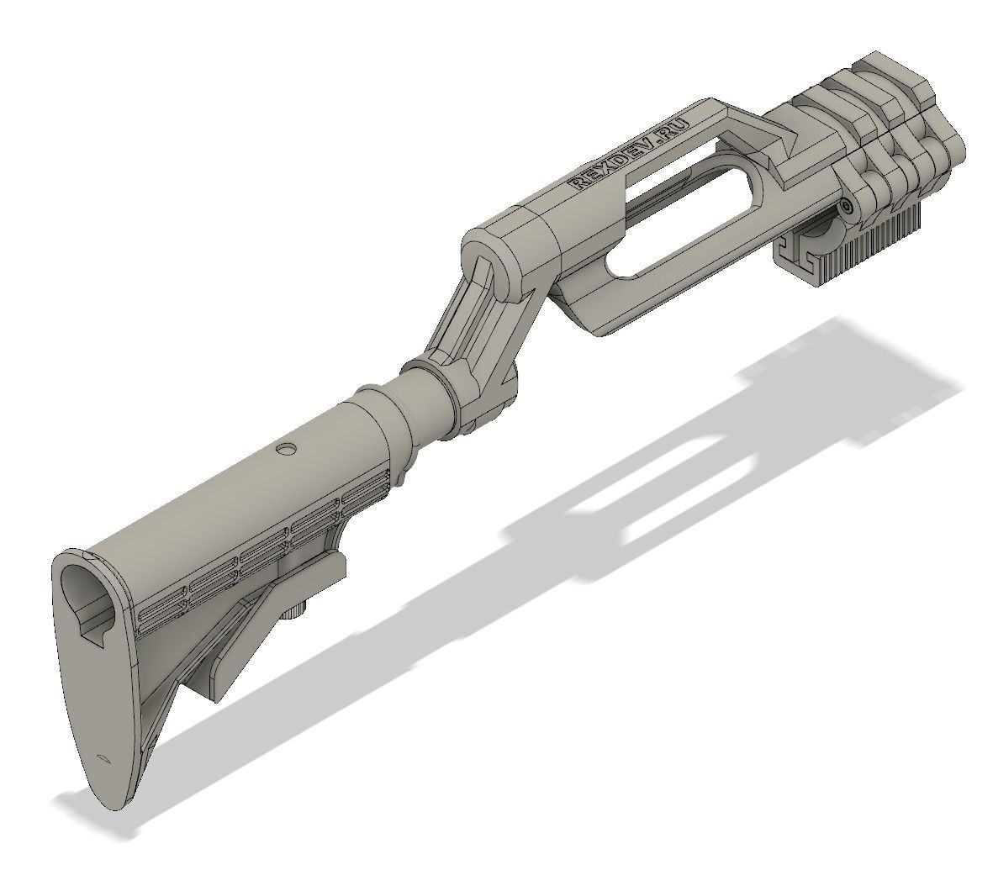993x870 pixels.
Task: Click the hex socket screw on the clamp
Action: [x=848, y=206]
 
